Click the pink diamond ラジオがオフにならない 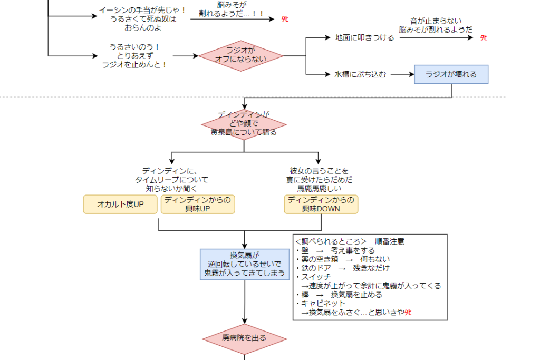coord(240,55)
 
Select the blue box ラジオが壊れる coord(451,74)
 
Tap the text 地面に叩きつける coord(364,38)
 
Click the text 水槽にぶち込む coord(360,74)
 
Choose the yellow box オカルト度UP coord(120,204)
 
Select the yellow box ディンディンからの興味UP coord(197,204)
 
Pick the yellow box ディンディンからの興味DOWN coord(321,204)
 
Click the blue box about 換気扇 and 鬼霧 coord(245,264)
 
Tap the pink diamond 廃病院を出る coord(244,338)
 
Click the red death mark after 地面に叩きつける coord(483,38)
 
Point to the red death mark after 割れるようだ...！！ coord(285,20)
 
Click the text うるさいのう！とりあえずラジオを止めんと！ coord(134,55)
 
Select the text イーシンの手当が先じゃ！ coord(142,11)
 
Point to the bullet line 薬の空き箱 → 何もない coord(343,259)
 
